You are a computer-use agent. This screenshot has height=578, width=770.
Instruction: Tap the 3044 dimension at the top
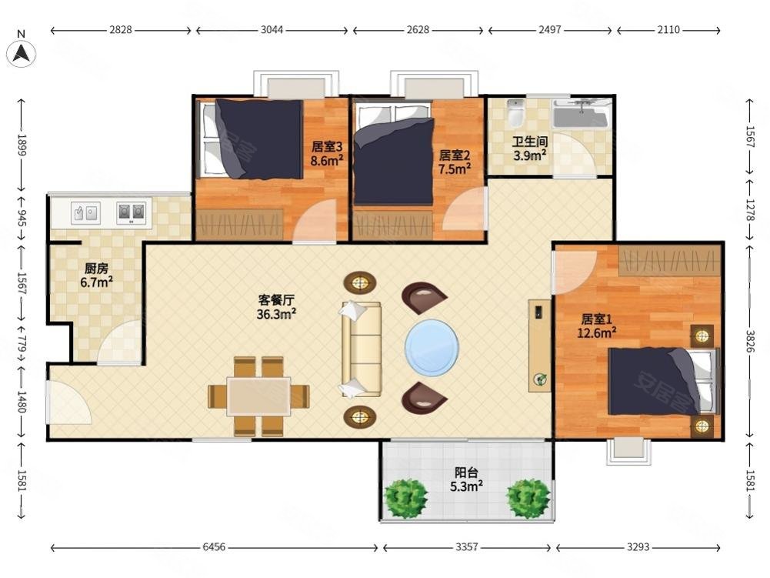coord(272,30)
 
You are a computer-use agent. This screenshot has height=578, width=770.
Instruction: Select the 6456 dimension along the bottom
coord(214,546)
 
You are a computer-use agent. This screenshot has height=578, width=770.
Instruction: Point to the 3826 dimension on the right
coord(750,341)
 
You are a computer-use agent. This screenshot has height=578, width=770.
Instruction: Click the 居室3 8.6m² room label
coord(327,153)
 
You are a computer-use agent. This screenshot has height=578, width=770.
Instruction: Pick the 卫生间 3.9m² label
coord(530,149)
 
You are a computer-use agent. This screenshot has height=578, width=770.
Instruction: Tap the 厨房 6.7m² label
coord(96,276)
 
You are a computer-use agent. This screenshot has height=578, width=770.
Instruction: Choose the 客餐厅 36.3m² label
coord(276,306)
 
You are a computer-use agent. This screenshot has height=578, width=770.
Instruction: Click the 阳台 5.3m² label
coord(466,479)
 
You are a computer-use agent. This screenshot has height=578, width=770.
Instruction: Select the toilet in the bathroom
coord(515,113)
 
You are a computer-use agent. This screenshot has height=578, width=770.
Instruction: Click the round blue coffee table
coord(432,347)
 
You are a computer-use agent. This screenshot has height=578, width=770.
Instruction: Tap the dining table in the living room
coord(258,396)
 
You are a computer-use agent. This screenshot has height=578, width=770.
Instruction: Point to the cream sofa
coord(362,349)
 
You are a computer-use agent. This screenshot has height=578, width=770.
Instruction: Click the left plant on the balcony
coord(405,499)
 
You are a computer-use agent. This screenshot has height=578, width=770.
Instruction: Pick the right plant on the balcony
coord(528,499)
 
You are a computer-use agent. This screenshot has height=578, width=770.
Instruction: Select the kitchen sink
coord(85,213)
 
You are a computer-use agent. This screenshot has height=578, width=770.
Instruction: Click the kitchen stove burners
coord(131,213)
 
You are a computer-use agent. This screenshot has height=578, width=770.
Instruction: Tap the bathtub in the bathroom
coord(582,114)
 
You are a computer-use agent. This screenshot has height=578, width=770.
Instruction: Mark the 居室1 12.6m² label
coord(597,326)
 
